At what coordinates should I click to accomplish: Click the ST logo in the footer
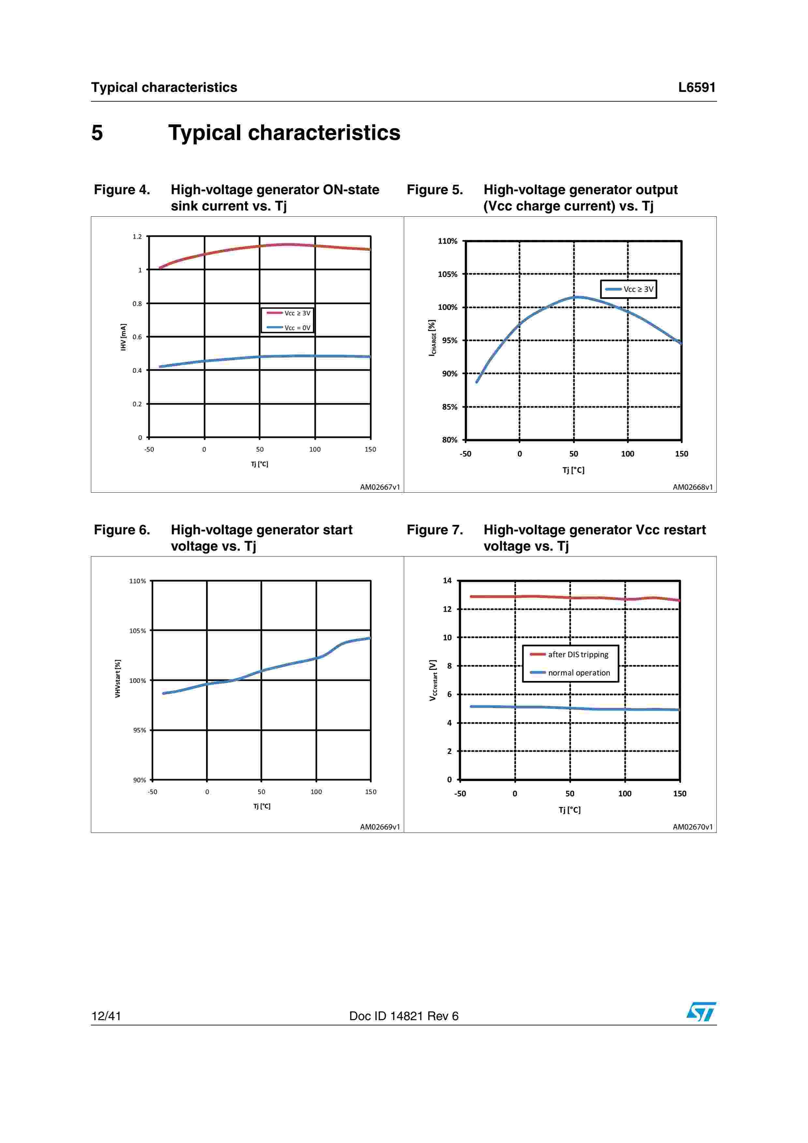701,1012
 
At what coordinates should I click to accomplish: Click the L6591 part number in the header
697,88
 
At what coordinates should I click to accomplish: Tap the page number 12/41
106,1016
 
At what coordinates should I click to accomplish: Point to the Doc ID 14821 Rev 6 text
404,1016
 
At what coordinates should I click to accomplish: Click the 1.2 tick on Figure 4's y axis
137,237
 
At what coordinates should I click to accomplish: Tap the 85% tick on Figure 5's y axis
449,407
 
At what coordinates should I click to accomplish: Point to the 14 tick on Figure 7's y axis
447,581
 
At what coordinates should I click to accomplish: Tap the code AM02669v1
380,827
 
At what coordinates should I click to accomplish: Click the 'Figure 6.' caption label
122,530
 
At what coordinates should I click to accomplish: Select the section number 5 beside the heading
97,133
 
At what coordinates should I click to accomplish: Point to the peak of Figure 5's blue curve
575,297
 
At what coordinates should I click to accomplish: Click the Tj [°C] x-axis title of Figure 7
569,810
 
